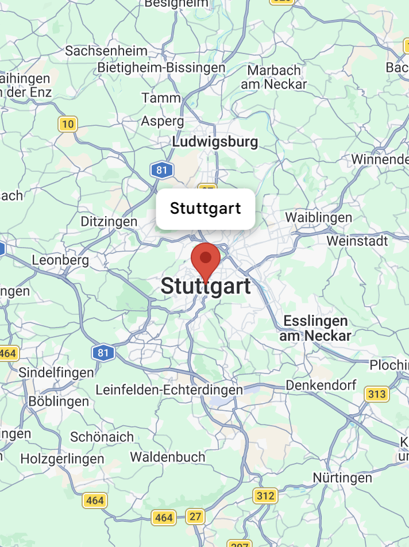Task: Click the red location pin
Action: point(205,260)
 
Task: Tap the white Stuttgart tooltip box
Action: point(205,209)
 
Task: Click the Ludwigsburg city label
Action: point(215,141)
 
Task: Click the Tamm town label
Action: point(161,98)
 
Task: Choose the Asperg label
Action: point(163,121)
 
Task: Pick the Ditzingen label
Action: point(109,222)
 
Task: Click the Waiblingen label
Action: point(318,218)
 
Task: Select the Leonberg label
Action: point(60,260)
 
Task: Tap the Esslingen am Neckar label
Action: point(315,328)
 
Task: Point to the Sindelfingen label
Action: point(56,372)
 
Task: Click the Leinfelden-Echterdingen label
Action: point(169,390)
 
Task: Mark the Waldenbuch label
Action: point(168,457)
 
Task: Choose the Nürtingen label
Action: point(342,477)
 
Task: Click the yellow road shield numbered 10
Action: point(68,124)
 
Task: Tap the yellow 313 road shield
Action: point(377,394)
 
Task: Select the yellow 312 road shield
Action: point(265,495)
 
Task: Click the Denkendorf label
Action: point(321,385)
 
